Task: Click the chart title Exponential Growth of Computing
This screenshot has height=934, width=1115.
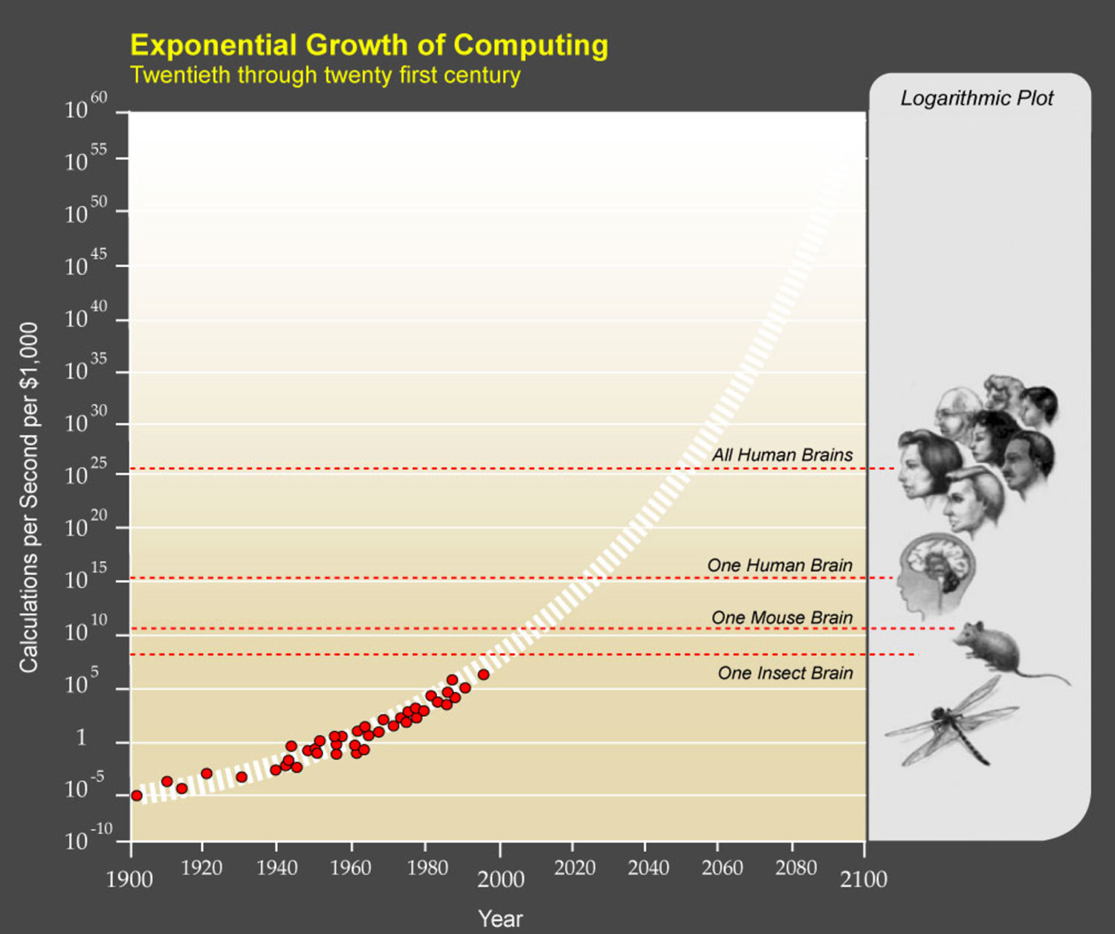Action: pos(369,45)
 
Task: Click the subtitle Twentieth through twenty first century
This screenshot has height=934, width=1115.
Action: pos(325,76)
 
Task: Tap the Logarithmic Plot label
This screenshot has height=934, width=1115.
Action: pos(977,98)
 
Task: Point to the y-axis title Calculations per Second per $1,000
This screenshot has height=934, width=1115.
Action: pos(29,497)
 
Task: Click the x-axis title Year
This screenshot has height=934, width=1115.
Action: pos(500,918)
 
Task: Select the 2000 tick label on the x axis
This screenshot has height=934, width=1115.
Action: pos(500,879)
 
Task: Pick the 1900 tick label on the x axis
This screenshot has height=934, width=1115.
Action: pos(130,879)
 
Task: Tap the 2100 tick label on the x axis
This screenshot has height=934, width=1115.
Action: pos(864,879)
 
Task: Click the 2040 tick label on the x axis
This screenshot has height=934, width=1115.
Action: pos(648,868)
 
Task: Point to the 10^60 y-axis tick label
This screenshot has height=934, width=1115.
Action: pos(85,107)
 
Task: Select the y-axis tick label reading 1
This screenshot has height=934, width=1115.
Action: pos(81,738)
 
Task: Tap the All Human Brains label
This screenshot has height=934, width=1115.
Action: pos(782,455)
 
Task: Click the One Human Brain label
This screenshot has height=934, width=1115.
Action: pos(780,565)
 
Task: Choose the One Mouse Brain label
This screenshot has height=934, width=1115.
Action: pos(782,617)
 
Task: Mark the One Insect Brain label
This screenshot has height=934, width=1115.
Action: pos(785,673)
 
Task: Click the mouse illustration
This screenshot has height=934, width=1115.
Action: pos(996,649)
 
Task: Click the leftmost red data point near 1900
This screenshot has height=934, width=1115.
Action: pos(137,796)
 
